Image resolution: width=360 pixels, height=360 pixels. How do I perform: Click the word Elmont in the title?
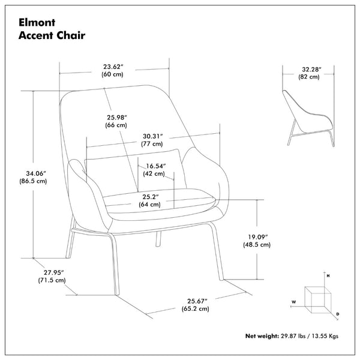[x=37, y=23]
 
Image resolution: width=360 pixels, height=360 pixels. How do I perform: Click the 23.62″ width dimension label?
[x=113, y=67]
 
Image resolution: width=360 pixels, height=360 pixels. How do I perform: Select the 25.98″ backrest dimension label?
[x=117, y=118]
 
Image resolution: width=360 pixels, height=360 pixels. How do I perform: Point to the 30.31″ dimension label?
[x=152, y=136]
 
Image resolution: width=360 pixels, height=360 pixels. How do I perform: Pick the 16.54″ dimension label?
[x=156, y=166]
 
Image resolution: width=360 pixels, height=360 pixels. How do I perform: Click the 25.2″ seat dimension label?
[x=151, y=197]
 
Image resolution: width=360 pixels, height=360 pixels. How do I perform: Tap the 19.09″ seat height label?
[x=258, y=237]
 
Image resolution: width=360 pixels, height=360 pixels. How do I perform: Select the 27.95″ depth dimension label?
[x=54, y=273]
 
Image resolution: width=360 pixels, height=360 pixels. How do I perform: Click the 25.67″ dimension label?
[x=197, y=301]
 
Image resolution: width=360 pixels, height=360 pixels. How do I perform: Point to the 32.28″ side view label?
[x=311, y=70]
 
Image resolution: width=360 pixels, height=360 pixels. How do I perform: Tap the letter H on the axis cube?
[x=328, y=276]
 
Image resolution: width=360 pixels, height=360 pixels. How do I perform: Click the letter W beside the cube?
[x=293, y=302]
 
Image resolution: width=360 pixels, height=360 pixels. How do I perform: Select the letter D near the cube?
[x=338, y=314]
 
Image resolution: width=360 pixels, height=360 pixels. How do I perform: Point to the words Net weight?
[x=262, y=336]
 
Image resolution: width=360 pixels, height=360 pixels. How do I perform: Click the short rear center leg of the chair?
[x=158, y=239]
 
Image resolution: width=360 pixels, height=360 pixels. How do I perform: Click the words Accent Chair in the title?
[x=52, y=35]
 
